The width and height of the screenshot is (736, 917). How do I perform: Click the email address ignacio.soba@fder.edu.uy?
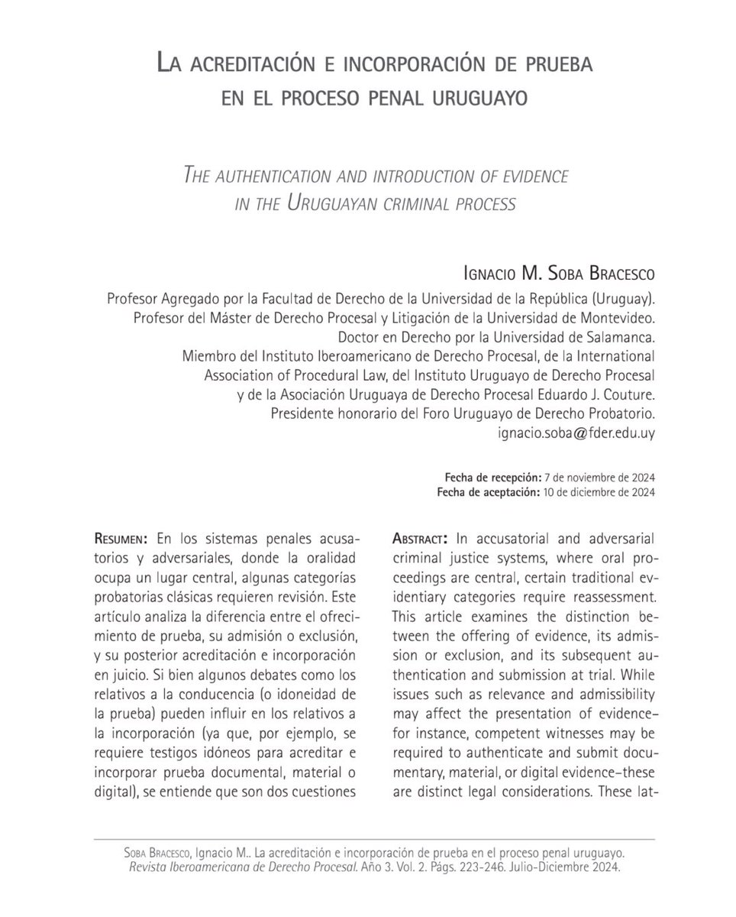point(576,432)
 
